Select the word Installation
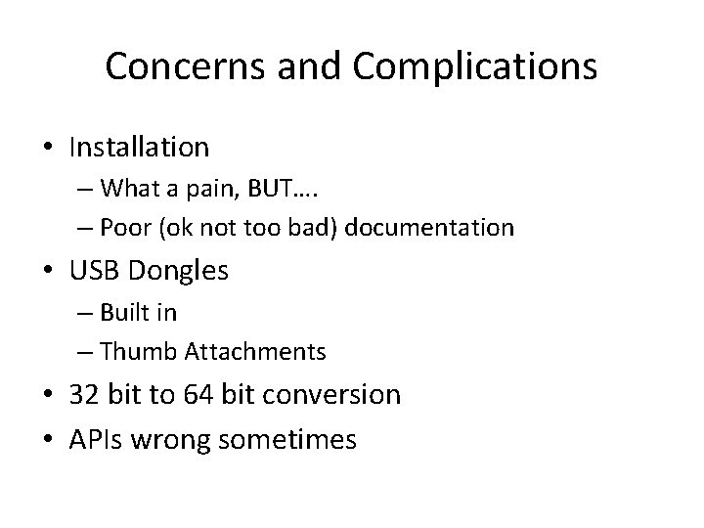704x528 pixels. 139,148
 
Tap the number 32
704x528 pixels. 84,394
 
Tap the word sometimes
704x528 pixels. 287,440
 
